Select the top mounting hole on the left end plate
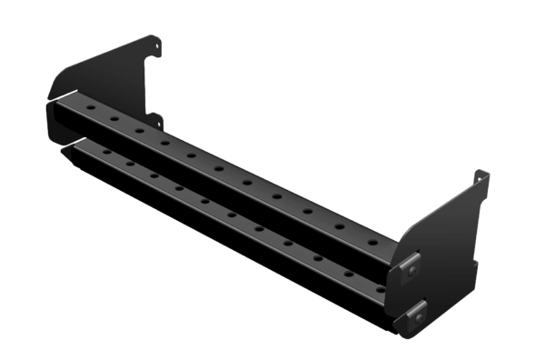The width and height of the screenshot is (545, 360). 156,42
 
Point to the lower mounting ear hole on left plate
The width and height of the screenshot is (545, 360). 156,119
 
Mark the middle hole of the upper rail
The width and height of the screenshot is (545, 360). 219,166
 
